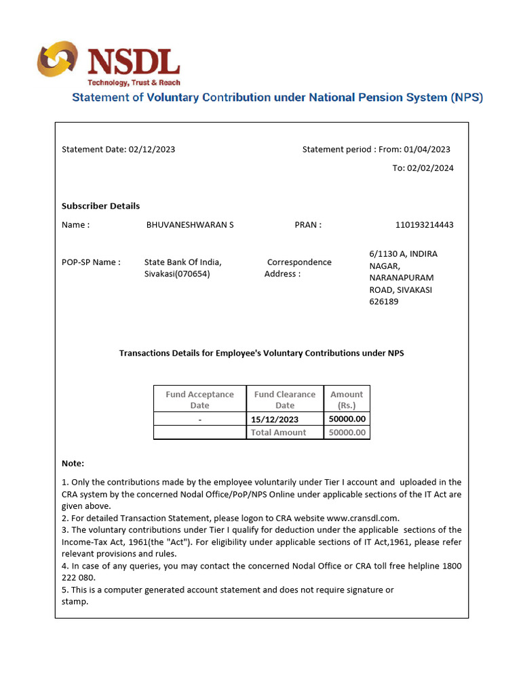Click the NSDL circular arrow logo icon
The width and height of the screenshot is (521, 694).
click(x=58, y=60)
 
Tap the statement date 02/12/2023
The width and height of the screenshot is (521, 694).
click(x=152, y=149)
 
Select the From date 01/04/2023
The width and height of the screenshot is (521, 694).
click(x=427, y=149)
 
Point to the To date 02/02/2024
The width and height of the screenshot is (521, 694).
click(x=431, y=168)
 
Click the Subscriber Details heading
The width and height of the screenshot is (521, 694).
click(x=100, y=206)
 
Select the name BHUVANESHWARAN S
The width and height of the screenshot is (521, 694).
click(x=190, y=225)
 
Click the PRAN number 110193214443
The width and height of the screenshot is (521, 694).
click(x=424, y=225)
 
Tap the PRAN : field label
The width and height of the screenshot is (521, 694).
click(x=308, y=225)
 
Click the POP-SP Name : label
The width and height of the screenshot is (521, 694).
click(x=91, y=262)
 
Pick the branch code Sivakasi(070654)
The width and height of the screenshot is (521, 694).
click(x=177, y=274)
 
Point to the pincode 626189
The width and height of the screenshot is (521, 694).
click(x=384, y=302)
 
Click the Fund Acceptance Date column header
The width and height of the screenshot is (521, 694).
click(x=199, y=399)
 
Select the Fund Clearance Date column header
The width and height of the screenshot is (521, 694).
click(x=285, y=399)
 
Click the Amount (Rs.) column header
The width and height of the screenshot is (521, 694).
click(x=347, y=399)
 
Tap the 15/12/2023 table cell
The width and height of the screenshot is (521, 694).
click(x=275, y=420)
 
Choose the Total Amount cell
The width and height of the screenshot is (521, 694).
click(x=278, y=432)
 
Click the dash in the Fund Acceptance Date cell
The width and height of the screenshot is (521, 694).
click(x=199, y=420)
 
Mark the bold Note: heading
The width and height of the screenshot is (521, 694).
click(x=73, y=464)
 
